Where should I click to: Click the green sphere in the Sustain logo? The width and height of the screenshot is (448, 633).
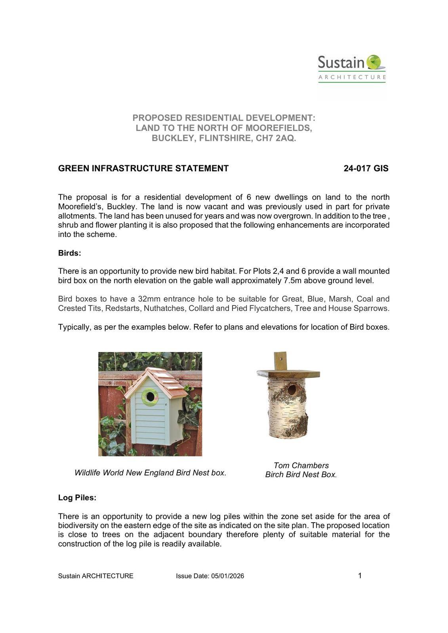point(374,62)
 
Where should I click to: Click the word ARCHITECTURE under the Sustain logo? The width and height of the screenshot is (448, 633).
point(352,77)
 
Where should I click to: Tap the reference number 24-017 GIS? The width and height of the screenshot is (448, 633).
point(366,169)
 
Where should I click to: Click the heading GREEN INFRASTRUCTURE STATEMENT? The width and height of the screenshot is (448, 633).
point(143,169)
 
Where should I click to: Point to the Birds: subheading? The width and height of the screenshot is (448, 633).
point(70,253)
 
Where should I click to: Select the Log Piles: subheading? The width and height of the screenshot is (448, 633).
point(77,498)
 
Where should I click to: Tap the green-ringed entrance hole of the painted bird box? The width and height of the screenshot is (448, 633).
point(150,396)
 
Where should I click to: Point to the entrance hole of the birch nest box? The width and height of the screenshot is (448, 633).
point(292,390)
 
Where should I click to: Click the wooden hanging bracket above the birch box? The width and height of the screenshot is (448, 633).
point(280,360)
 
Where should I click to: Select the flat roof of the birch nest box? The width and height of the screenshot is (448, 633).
point(288,373)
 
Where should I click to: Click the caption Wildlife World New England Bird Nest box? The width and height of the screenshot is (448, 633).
point(150,473)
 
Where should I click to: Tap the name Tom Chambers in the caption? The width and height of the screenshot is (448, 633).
point(301,466)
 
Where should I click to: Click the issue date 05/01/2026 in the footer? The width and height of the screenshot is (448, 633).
point(228,576)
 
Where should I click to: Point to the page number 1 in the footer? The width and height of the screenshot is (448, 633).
point(360,576)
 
